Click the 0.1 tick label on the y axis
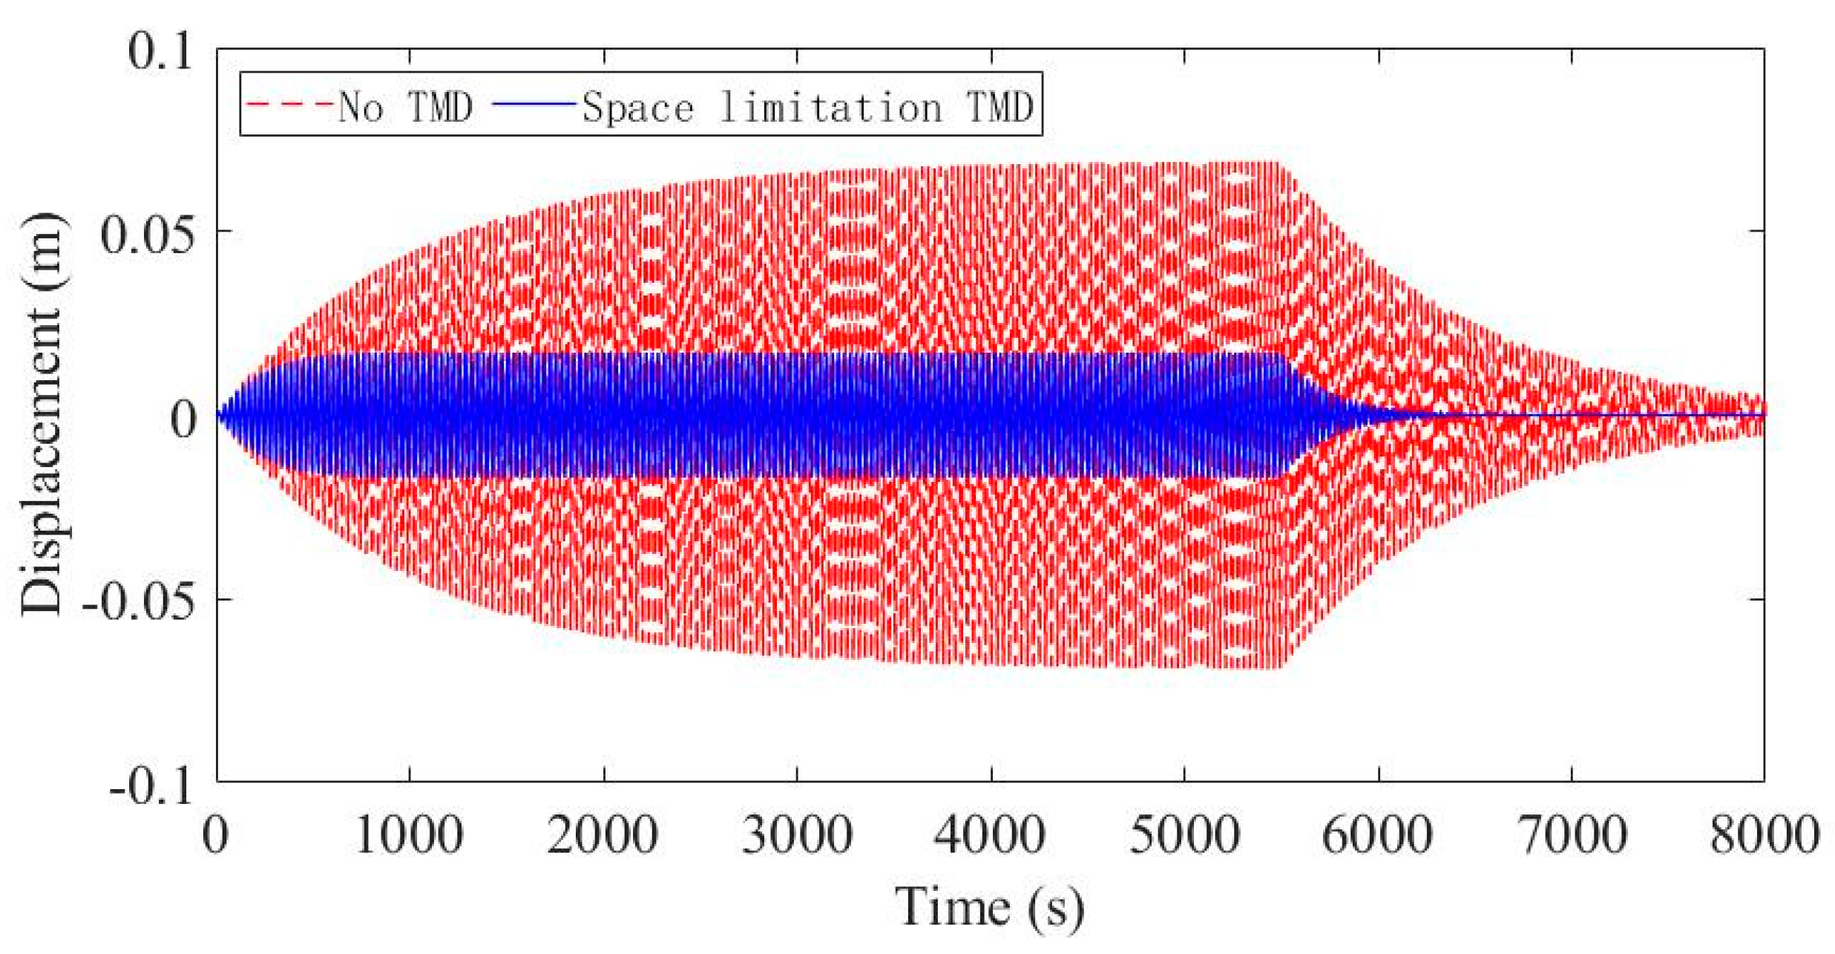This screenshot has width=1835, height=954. click(160, 52)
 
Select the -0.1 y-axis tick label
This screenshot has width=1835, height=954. click(151, 785)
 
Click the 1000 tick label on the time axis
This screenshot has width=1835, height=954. click(409, 835)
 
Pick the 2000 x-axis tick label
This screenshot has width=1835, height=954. click(603, 835)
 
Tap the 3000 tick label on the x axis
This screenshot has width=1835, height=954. click(797, 835)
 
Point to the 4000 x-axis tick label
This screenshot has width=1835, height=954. click(990, 835)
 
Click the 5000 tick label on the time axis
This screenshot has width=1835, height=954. click(1184, 835)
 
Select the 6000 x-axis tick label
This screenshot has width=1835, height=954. click(1378, 835)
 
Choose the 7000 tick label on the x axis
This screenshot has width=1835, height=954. click(1572, 835)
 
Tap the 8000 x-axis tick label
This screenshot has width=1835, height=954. click(1765, 835)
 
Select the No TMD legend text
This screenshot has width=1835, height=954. click(405, 107)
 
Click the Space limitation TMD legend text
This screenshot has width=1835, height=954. click(807, 107)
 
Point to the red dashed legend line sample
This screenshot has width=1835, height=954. click(289, 104)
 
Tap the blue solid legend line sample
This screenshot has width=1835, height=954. click(534, 104)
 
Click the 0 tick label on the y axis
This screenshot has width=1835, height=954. click(183, 418)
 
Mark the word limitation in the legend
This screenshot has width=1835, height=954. click(831, 107)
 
